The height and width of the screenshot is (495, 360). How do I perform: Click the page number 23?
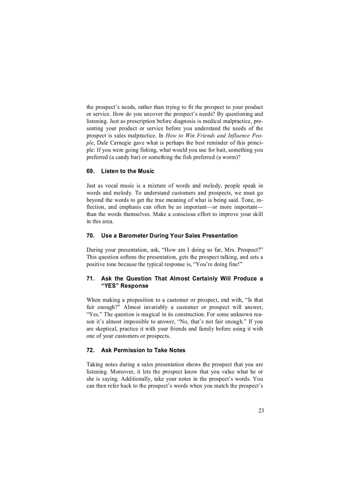coord(261,410)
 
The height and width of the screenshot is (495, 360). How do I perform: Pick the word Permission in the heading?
coord(129,350)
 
